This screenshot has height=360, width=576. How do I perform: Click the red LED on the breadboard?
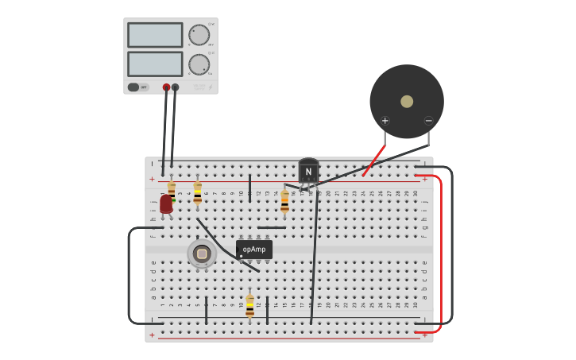166,204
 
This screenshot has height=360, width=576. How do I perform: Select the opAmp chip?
254,250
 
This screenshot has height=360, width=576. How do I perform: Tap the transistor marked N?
308,172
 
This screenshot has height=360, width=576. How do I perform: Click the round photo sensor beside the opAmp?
202,254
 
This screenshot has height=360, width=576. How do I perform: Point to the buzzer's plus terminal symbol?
385,121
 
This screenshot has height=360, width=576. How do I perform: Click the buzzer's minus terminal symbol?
428,121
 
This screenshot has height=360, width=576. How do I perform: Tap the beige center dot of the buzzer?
407,102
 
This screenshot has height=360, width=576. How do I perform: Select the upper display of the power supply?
155,35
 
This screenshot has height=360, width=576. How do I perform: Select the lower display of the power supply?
155,64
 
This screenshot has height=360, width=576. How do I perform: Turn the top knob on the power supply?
199,35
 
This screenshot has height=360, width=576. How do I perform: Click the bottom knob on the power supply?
199,64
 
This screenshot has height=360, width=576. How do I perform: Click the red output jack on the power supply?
166,87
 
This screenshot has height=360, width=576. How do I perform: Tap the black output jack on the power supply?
175,87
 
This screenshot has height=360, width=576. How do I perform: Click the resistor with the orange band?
284,200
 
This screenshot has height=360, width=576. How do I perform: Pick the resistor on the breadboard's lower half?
249,306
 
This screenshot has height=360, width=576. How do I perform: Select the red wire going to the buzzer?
373,161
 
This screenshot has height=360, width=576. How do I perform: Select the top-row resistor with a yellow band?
198,192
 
